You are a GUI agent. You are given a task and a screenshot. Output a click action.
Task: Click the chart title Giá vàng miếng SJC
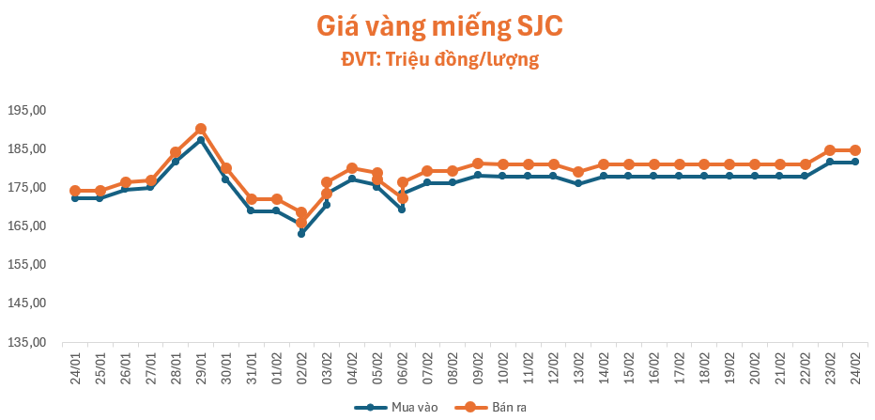point(439,26)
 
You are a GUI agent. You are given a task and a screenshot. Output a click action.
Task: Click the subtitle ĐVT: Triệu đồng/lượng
point(439,60)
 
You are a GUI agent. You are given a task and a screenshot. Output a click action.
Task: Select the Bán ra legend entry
point(488,407)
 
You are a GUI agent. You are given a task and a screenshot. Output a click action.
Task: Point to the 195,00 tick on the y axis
point(26,110)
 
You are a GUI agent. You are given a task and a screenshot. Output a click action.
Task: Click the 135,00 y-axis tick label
point(26,342)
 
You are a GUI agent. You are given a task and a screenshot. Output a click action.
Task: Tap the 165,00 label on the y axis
point(26,226)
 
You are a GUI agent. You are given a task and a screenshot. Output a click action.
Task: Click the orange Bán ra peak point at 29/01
point(201,129)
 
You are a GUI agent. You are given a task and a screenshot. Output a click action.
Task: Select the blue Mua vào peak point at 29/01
point(201,140)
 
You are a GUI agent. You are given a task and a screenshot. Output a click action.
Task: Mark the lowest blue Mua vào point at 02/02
point(301,234)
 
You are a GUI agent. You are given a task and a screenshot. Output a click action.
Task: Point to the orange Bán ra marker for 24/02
point(855,150)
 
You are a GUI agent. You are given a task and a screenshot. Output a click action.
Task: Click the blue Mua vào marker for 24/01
point(75,198)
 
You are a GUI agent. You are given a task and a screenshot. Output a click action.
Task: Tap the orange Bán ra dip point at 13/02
point(578,172)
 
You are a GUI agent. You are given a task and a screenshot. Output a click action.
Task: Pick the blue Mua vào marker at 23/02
point(830,162)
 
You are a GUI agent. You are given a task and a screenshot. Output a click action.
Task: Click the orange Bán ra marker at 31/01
point(251,199)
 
